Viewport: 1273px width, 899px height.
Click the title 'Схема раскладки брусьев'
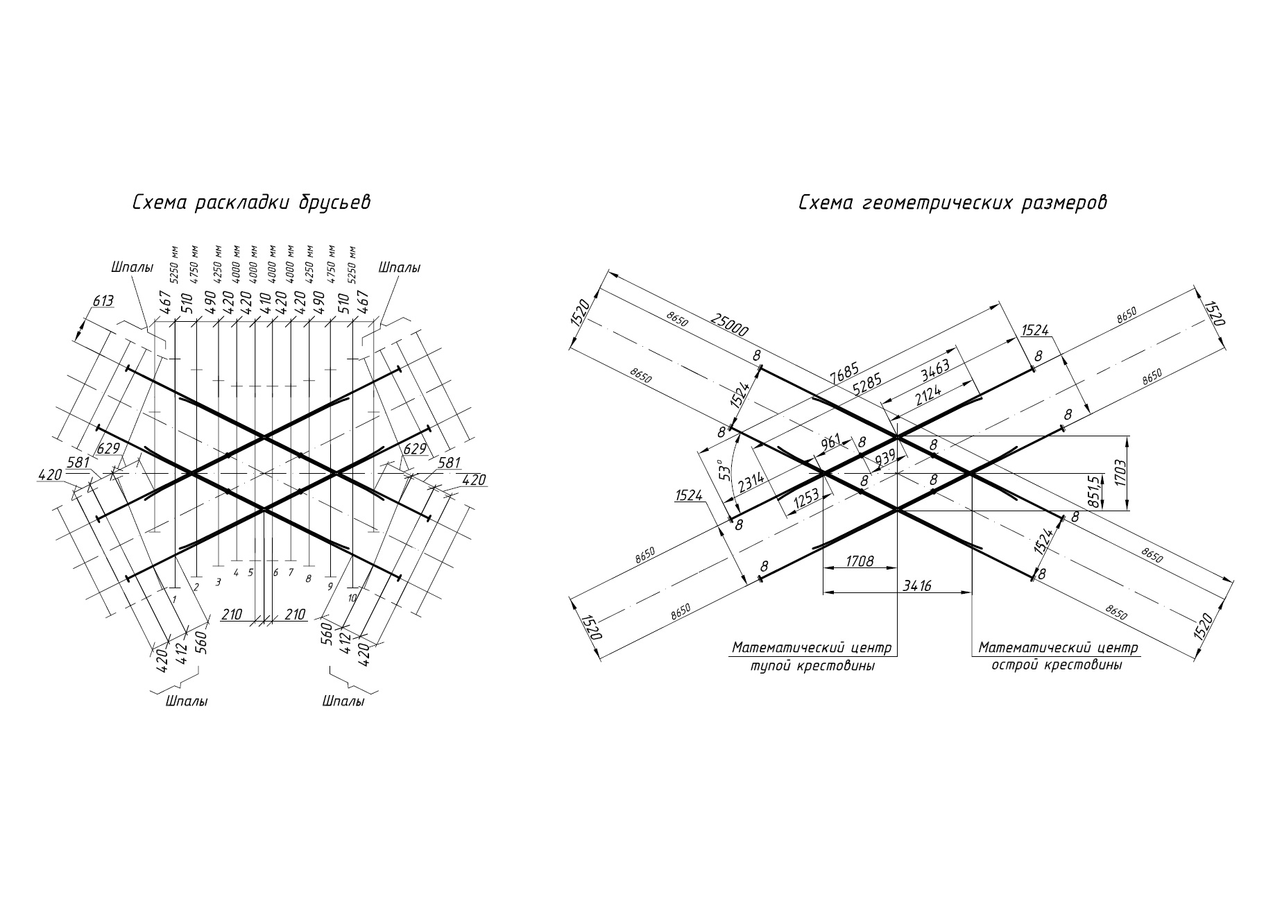click(252, 203)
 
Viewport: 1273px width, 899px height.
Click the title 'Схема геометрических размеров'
click(953, 203)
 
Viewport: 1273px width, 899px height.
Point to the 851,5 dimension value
click(1095, 492)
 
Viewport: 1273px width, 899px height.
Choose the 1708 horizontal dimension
click(860, 560)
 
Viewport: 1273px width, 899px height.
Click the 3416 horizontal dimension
click(916, 585)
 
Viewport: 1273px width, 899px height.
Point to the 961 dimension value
click(830, 440)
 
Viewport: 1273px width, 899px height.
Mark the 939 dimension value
click(885, 458)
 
